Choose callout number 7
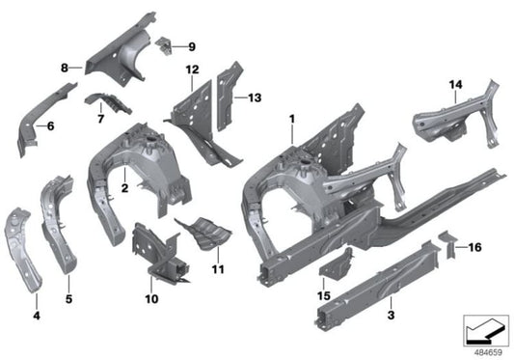[x=97, y=120]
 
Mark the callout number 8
[x=65, y=69]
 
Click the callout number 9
[x=190, y=45]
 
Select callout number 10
[x=152, y=299]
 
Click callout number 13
[x=255, y=97]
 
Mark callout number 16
[x=474, y=247]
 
